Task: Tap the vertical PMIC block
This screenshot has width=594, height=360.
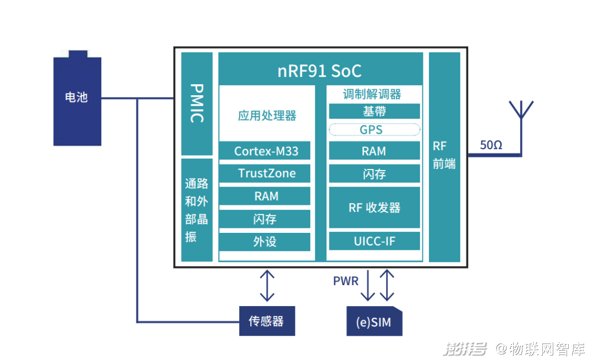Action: coord(197,103)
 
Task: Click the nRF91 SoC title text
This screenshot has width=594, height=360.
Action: coord(320,71)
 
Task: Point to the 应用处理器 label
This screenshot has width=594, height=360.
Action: coord(267,116)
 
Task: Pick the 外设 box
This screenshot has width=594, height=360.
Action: coord(265,242)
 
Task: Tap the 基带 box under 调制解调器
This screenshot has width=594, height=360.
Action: coord(375,111)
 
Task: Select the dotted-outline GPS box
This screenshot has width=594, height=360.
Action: coord(375,129)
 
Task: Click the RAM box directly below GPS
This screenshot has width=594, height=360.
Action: coord(375,151)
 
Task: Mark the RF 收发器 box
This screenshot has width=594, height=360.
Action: coord(375,208)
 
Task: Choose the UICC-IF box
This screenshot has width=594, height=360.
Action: coord(375,241)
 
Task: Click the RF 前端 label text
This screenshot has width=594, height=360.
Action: coord(444,155)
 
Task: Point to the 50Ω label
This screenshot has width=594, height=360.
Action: coord(491,145)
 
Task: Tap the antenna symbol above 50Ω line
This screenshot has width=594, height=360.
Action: coord(521,110)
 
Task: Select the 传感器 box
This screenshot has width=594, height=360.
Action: coord(267,321)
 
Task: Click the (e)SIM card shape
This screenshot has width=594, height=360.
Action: coord(375,321)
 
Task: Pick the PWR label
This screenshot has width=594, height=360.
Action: coord(345,281)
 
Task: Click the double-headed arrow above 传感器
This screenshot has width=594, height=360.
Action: coord(267,286)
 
